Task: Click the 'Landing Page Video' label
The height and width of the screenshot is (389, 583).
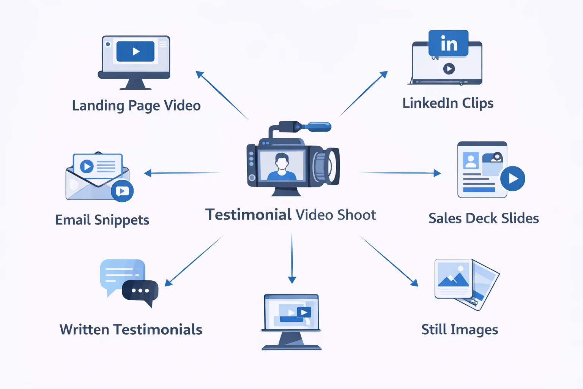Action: tap(136, 106)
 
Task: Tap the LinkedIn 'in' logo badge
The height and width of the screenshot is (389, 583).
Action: tap(448, 43)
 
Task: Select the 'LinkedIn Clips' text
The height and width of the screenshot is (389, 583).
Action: tap(448, 103)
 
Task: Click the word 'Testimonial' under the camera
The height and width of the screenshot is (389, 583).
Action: tap(248, 215)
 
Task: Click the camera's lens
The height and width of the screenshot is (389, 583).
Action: tap(326, 166)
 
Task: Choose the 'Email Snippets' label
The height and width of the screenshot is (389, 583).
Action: tap(102, 220)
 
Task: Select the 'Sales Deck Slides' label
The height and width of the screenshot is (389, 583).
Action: tap(484, 218)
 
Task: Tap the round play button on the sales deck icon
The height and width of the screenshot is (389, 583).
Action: tap(512, 179)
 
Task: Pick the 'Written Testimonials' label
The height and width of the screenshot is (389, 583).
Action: tap(131, 330)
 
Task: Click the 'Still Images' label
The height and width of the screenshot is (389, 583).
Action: tap(460, 330)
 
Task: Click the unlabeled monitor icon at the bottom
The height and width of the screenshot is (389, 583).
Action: tap(291, 322)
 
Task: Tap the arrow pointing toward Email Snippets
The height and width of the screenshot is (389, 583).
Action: tap(183, 173)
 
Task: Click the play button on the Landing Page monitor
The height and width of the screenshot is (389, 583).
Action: tap(136, 51)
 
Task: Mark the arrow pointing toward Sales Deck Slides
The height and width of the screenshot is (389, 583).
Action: tap(400, 173)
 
